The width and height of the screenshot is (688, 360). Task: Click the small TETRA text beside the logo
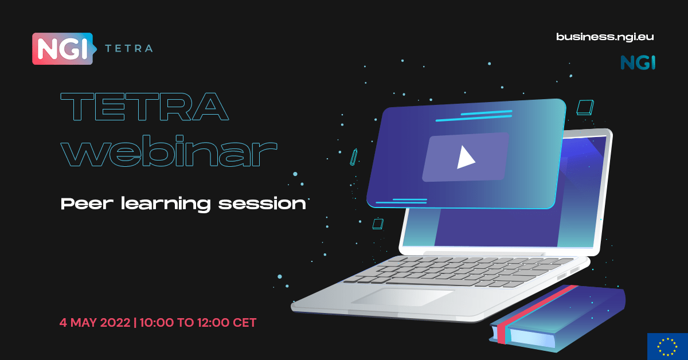(129, 49)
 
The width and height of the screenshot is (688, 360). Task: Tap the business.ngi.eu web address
(605, 37)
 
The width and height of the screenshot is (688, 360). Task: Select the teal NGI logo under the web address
(638, 62)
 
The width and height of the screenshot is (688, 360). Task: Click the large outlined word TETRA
(144, 107)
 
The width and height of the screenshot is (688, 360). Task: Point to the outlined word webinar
(169, 151)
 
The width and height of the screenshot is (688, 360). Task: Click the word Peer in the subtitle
(87, 204)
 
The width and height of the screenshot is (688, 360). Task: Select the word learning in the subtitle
(166, 204)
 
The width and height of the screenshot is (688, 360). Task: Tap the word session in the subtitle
(262, 204)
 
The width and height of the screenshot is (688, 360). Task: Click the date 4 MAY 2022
(95, 323)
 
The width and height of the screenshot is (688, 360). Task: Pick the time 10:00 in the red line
(157, 323)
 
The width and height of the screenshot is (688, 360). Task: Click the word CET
(244, 323)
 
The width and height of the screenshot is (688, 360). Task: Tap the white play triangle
(465, 157)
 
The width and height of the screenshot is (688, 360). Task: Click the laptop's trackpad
(402, 296)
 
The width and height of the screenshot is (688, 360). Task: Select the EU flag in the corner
(667, 346)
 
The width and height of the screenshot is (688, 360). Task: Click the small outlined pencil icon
(354, 157)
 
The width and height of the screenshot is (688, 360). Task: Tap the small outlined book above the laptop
(585, 108)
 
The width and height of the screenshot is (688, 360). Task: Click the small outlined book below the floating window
(378, 224)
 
